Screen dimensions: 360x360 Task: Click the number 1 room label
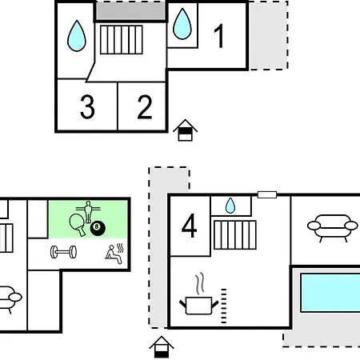219,36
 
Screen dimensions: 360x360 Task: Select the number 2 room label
145,106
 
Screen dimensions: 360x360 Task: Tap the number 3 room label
87,106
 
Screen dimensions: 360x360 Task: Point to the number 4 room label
189,226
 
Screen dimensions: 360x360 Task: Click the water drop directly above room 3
77,36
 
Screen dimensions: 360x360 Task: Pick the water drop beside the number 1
182,24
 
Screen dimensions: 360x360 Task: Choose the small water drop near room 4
230,206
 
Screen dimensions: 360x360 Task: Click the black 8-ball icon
98,228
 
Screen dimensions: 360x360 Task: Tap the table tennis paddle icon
78,224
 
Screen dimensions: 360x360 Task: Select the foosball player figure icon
88,212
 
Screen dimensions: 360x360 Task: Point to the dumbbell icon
63,252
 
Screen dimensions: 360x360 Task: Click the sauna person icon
114,254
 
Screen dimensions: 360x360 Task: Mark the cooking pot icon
199,306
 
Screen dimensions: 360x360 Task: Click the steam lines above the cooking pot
200,283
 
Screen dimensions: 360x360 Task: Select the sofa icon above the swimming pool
333,228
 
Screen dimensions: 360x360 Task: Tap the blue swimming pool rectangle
330,293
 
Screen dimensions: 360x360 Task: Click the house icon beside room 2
185,130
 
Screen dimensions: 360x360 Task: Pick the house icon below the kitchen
162,347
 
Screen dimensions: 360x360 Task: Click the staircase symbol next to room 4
235,235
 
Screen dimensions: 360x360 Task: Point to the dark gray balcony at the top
130,11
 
